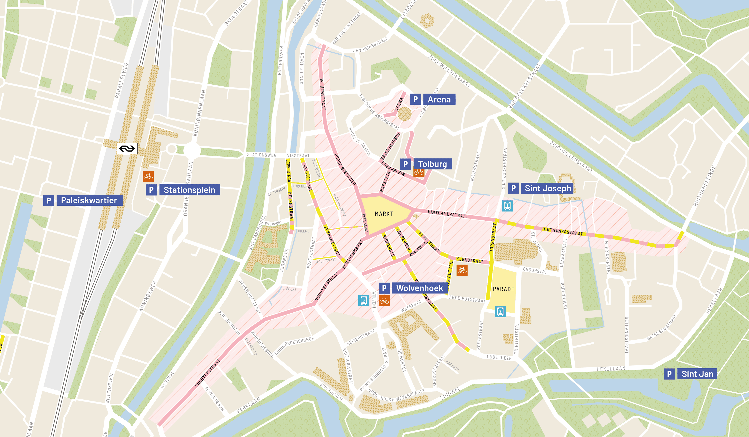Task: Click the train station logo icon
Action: pos(127,149)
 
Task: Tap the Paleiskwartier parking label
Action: pos(89,200)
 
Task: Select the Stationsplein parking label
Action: pos(189,190)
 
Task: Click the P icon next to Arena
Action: pos(415,99)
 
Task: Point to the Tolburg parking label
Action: pos(432,164)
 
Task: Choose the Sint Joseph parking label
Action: pos(548,188)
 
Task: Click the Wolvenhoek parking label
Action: pos(419,288)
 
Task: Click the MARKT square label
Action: pos(384,214)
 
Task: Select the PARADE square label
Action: pos(503,289)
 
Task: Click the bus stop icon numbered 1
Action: pos(507,206)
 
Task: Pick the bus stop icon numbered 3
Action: pos(364,300)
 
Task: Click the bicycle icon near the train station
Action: pos(148,176)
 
